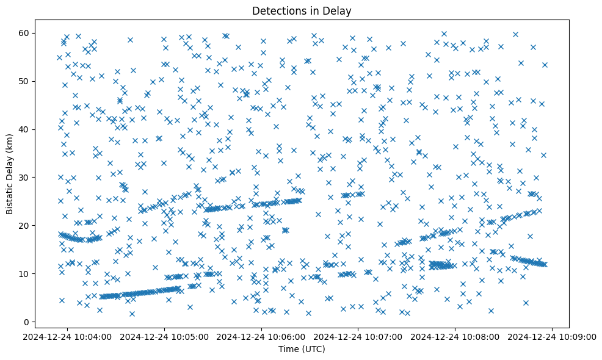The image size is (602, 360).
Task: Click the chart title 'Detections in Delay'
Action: pos(302,11)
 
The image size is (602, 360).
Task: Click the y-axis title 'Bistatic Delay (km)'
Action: pos(10,173)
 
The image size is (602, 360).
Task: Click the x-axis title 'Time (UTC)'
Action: pos(302,349)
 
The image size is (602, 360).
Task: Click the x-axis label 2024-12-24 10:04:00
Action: pos(68,336)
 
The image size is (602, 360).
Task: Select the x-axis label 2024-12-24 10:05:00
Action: pos(165,336)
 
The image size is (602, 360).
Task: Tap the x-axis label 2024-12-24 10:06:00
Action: pos(262,336)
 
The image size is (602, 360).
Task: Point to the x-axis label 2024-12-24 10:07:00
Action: pos(358,336)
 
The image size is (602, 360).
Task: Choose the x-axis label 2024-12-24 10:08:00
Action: pos(455,336)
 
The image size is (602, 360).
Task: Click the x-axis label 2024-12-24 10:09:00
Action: pos(553,336)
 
